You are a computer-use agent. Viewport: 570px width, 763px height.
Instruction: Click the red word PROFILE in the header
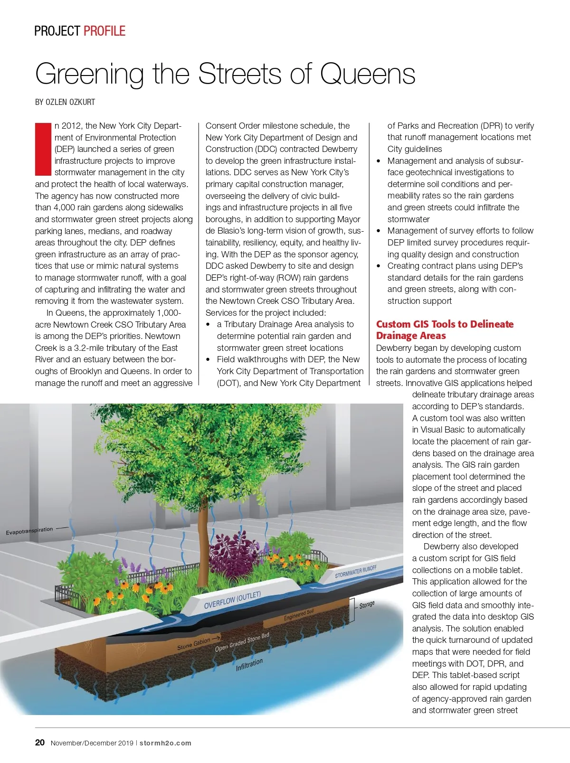104,31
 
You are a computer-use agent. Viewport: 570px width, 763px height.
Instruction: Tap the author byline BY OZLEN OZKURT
65,102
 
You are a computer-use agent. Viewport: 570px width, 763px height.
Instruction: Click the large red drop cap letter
43,149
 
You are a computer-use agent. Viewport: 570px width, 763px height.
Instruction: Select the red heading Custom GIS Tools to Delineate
445,324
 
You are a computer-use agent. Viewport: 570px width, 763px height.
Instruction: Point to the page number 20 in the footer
40,743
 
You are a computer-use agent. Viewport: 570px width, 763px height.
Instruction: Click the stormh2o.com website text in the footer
165,743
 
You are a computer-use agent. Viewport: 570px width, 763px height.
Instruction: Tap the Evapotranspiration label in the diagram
29,531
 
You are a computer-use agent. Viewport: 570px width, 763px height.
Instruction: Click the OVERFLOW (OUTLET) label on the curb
232,601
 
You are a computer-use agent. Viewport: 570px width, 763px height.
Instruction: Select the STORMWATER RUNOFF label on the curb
355,572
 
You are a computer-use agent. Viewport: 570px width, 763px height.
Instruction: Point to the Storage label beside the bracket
367,605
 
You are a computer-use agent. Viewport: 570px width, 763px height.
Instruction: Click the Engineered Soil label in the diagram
299,615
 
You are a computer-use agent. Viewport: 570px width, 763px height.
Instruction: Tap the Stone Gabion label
193,644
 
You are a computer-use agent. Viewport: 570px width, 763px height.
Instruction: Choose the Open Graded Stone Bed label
242,642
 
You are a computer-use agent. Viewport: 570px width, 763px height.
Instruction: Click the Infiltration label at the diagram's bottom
249,664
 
